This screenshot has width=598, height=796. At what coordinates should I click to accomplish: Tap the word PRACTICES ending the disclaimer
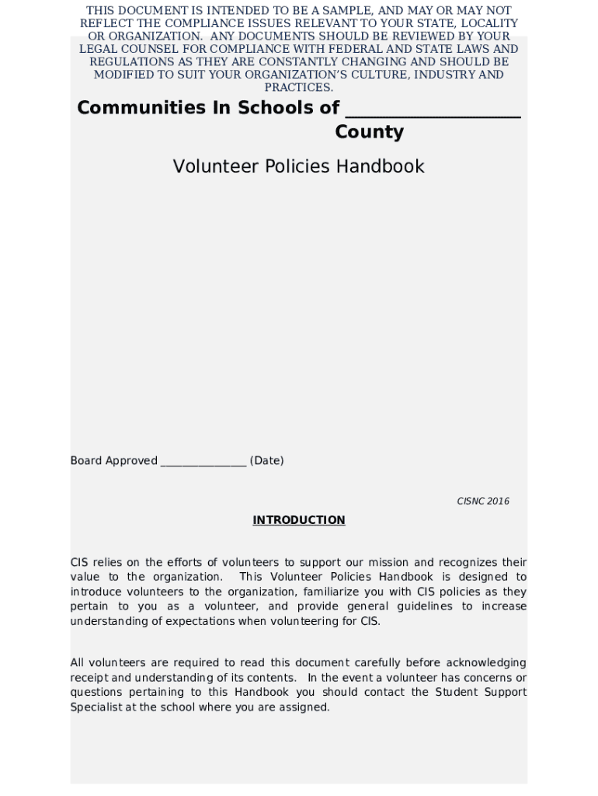coord(298,88)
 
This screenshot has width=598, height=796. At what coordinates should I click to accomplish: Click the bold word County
coord(369,132)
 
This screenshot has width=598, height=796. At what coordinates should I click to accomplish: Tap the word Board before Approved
coord(86,461)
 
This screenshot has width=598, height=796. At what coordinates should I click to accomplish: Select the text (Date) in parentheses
coord(266,461)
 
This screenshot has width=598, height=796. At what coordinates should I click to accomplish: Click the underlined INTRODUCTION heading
coord(298,520)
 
